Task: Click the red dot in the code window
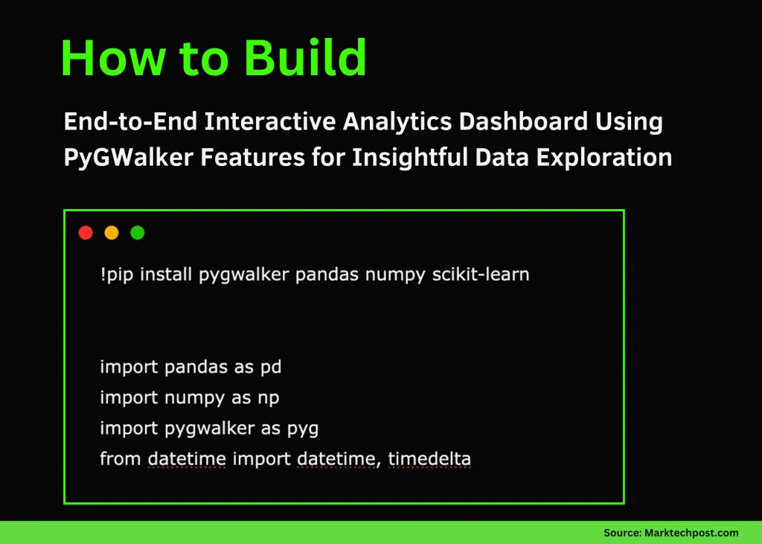click(x=86, y=233)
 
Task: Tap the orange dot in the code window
click(x=112, y=233)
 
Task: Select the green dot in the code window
click(x=137, y=233)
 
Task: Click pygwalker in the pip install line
click(x=244, y=275)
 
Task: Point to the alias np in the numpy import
click(x=269, y=398)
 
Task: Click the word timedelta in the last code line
click(x=429, y=459)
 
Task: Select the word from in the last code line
click(x=121, y=459)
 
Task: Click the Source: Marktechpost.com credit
click(x=670, y=533)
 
